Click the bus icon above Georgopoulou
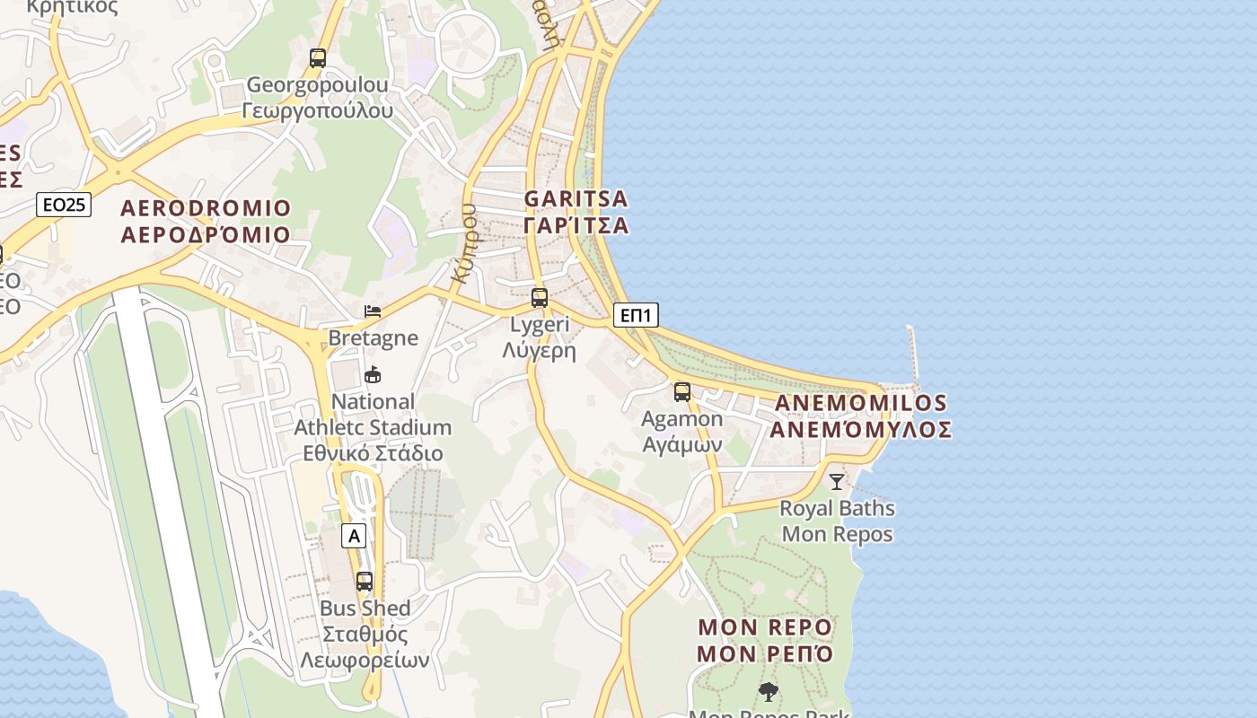[318, 58]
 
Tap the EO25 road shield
[65, 205]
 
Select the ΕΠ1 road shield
[637, 315]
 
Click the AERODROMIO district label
[206, 222]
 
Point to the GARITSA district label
[576, 212]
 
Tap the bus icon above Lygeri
[540, 298]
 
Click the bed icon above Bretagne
[373, 311]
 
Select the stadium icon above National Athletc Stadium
[373, 374]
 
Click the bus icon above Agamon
[682, 392]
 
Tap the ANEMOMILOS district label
[860, 416]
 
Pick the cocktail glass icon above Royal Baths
[837, 482]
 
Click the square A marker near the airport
[355, 537]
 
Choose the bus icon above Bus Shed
[365, 582]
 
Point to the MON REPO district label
[765, 640]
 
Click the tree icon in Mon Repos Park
[768, 692]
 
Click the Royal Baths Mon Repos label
[837, 521]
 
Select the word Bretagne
[374, 338]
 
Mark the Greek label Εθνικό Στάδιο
[371, 453]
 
